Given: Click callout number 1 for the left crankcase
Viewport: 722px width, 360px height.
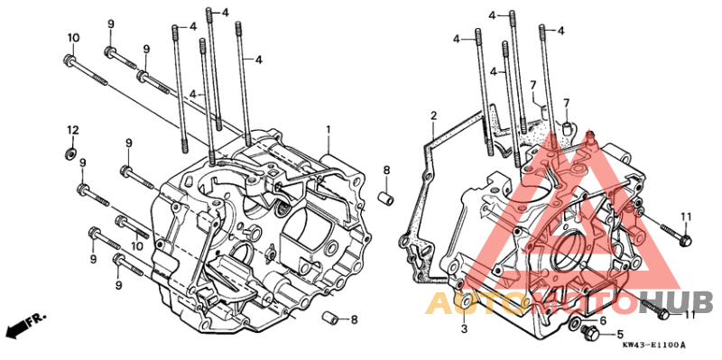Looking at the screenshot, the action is [x=329, y=130].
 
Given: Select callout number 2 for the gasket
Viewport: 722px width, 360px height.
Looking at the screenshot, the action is [x=433, y=115].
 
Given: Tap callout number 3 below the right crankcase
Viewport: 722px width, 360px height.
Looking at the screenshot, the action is [x=465, y=328].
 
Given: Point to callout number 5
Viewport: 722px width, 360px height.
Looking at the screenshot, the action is [x=620, y=334].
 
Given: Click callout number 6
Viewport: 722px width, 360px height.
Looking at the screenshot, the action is [x=603, y=320].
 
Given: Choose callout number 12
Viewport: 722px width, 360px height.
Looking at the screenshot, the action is [x=74, y=130].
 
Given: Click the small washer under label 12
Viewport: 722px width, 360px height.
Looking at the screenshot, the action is [x=71, y=152].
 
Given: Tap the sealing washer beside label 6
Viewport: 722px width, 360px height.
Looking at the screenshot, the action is [x=576, y=323].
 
